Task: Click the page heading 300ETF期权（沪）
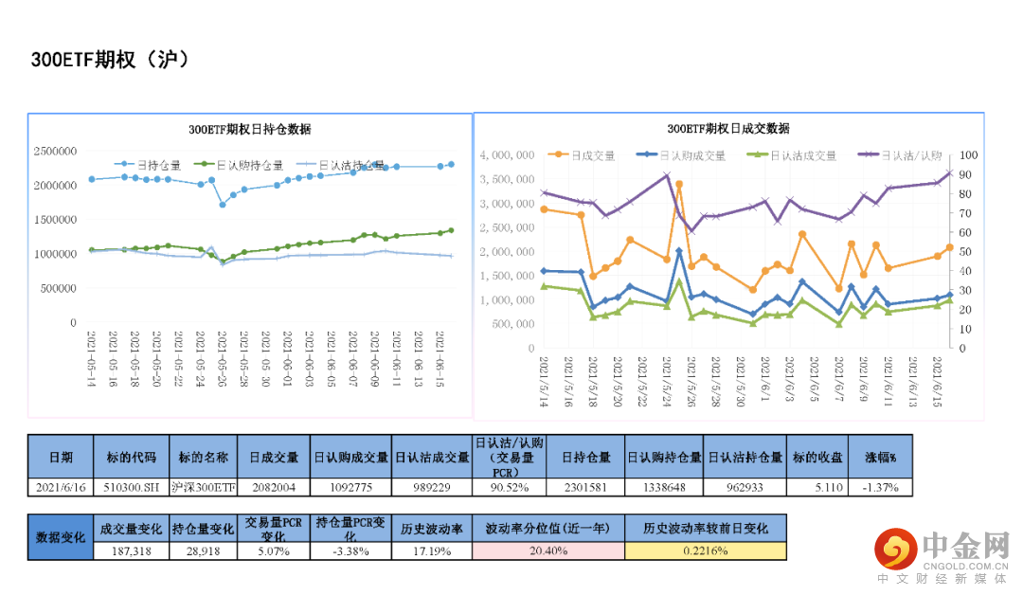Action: click(x=111, y=60)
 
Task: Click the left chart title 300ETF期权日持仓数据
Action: click(x=249, y=130)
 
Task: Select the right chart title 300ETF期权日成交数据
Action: click(x=727, y=129)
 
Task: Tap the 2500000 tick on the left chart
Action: click(x=55, y=151)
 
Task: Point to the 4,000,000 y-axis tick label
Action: click(x=511, y=155)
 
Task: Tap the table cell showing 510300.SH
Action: click(x=132, y=487)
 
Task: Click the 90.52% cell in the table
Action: click(x=509, y=487)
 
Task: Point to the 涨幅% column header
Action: click(x=880, y=457)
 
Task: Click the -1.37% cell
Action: click(x=880, y=487)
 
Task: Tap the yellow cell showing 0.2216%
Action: click(x=706, y=551)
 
